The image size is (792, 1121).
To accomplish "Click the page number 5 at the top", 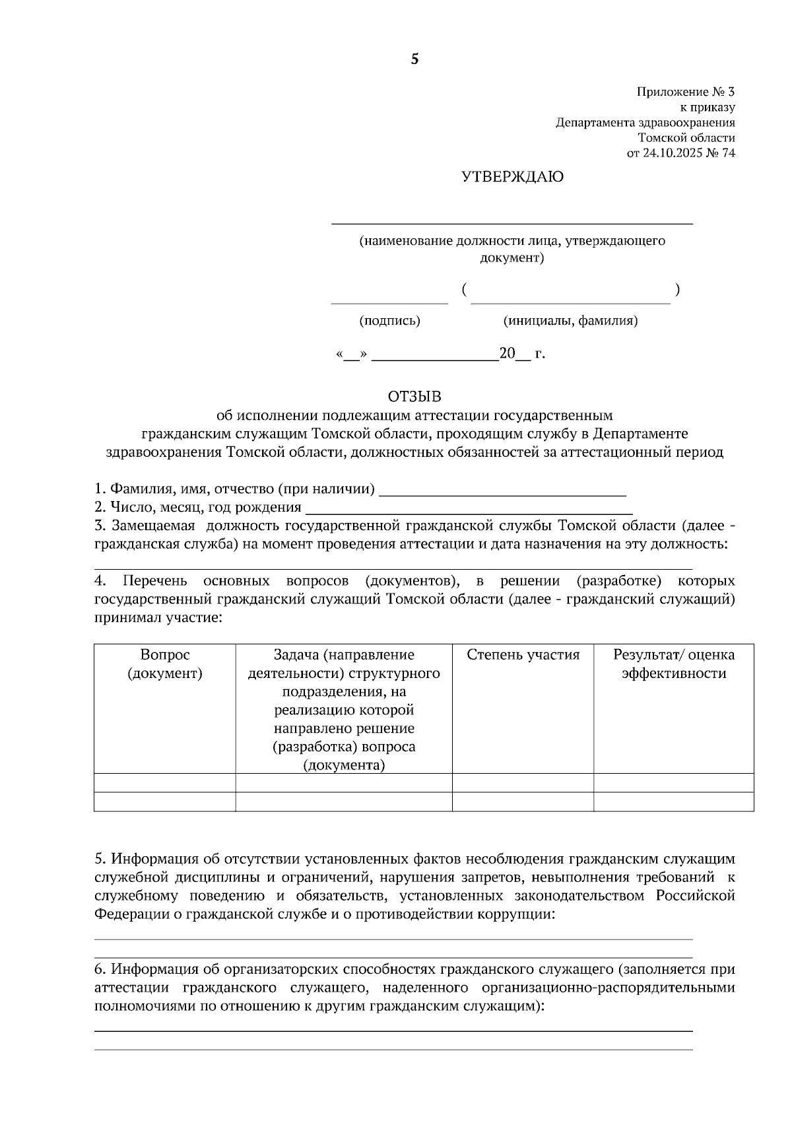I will (x=414, y=59).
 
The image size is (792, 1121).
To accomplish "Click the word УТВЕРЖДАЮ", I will (x=511, y=177).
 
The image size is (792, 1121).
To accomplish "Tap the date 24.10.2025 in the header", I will (x=675, y=153).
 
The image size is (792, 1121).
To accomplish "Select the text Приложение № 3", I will (x=685, y=92).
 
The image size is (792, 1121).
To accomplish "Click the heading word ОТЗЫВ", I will (x=414, y=397).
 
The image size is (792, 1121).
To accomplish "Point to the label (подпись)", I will (x=389, y=321).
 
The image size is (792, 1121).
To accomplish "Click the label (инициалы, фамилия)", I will (x=570, y=321).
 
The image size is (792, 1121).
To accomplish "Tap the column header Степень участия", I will (x=523, y=655).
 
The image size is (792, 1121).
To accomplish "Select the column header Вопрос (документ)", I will (x=164, y=664).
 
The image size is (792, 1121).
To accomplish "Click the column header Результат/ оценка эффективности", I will (x=673, y=664).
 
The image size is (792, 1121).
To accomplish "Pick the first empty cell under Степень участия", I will (x=523, y=783).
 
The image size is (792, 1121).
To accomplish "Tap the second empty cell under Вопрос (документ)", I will (x=164, y=801).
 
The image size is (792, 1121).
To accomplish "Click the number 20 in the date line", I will (x=507, y=354).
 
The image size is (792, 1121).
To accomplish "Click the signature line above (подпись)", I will (x=389, y=302).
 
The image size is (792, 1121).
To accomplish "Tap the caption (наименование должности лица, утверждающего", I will (x=511, y=241).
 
